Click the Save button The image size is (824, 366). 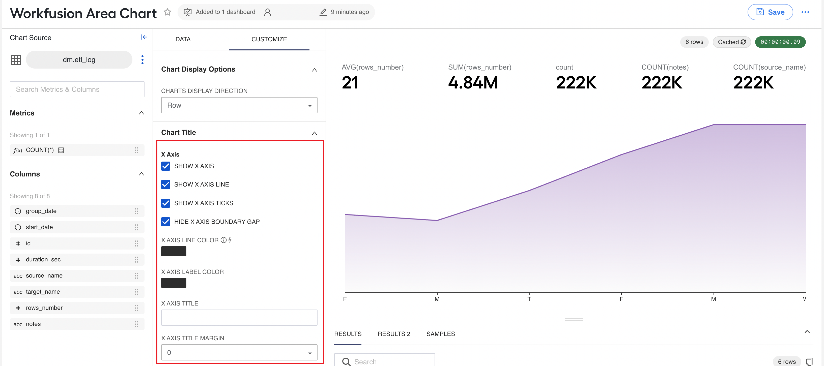point(770,12)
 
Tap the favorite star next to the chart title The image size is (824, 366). point(167,12)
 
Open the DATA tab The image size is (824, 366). point(183,39)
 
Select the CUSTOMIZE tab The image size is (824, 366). point(269,39)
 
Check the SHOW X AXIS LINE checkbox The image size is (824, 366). point(166,185)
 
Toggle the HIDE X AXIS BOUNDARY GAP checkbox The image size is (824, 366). point(166,222)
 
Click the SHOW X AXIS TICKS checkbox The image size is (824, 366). point(166,203)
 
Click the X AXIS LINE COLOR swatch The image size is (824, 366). point(174,251)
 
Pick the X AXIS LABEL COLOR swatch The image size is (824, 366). point(174,283)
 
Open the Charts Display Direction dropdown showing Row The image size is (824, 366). point(239,105)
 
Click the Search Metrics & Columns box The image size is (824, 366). point(77,89)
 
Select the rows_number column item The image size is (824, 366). point(77,308)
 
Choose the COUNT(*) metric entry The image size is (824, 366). point(77,150)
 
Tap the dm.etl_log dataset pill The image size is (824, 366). point(79,60)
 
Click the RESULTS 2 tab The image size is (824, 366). point(394,334)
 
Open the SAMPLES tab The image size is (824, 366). point(440,334)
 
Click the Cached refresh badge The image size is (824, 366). point(731,42)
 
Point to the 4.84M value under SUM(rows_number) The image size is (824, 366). point(473,82)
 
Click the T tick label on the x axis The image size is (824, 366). point(529,299)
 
